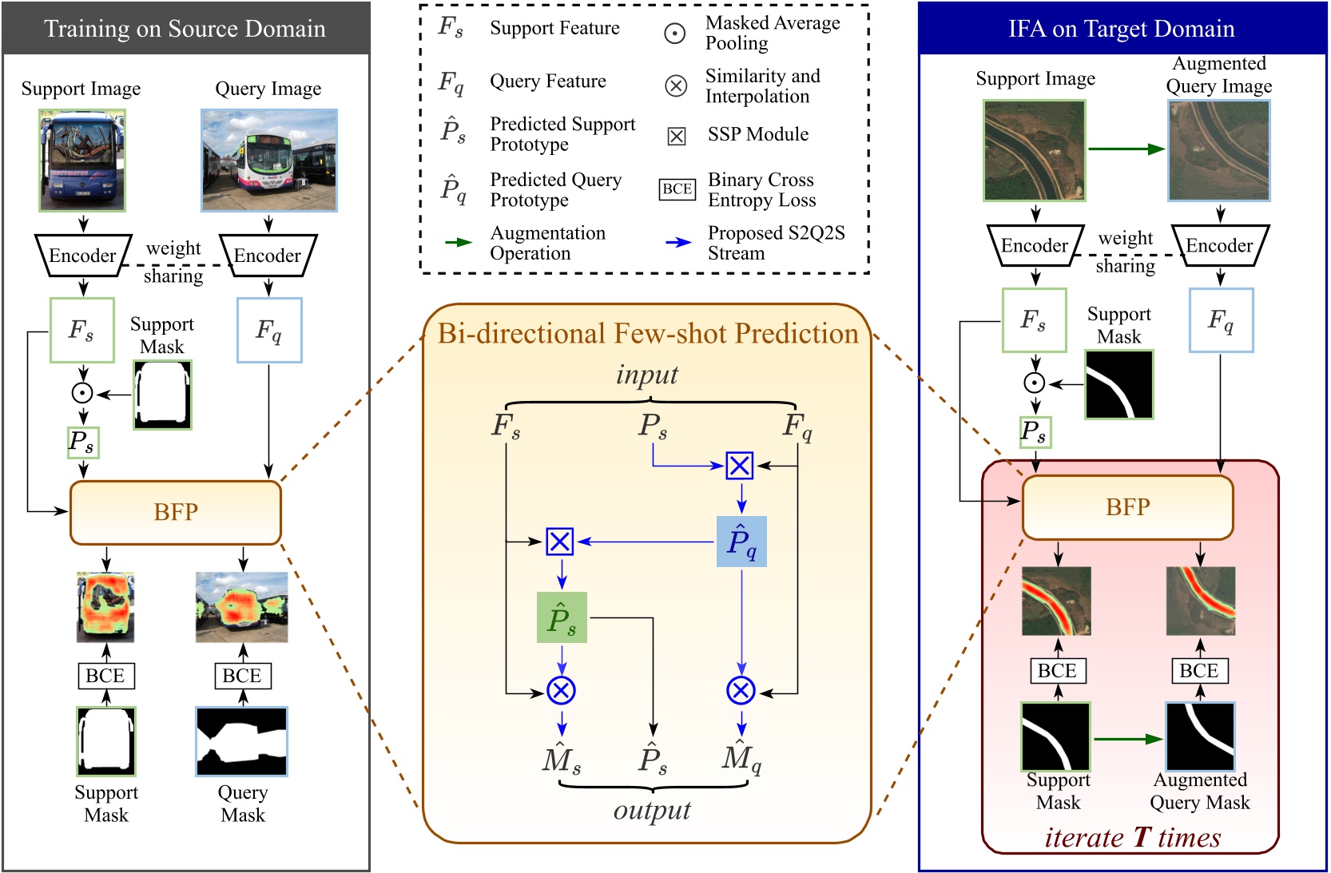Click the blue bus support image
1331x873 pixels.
click(x=82, y=160)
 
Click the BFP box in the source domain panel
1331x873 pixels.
click(x=176, y=512)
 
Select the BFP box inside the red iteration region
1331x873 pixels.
click(x=1127, y=507)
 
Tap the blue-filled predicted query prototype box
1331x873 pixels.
click(x=741, y=542)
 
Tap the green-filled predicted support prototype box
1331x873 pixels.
click(x=562, y=617)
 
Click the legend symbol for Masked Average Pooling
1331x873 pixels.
click(x=675, y=34)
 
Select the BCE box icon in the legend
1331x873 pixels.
click(x=677, y=189)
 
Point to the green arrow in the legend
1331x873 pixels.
click(x=458, y=242)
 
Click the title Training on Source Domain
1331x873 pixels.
click(x=185, y=29)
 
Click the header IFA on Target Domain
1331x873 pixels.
click(x=1122, y=29)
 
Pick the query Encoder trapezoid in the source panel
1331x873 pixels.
click(x=268, y=256)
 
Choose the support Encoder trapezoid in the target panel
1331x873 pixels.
click(x=1035, y=245)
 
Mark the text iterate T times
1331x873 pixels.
click(x=1132, y=837)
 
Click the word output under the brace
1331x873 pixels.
click(x=652, y=810)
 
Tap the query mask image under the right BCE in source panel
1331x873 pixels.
click(x=242, y=741)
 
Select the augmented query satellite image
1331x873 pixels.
click(x=1219, y=150)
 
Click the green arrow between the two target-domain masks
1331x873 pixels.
click(x=1127, y=739)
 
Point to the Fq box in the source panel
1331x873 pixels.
click(x=269, y=330)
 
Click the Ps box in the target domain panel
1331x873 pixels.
click(x=1035, y=432)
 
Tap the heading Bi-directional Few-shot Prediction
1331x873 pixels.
click(x=647, y=333)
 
